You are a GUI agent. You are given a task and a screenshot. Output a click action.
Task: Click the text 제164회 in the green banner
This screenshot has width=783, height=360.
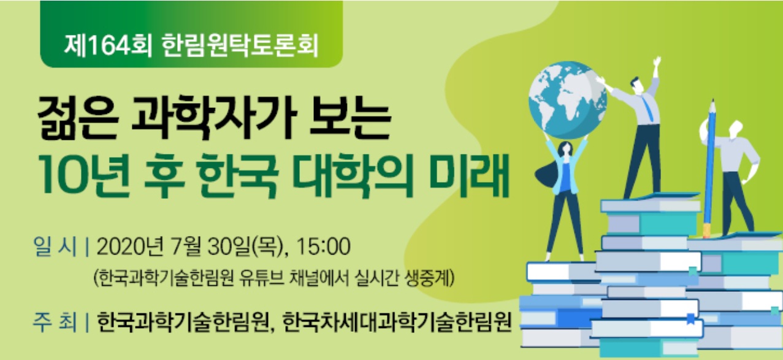(108, 46)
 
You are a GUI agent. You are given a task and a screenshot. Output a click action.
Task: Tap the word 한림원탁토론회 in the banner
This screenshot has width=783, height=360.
(240, 46)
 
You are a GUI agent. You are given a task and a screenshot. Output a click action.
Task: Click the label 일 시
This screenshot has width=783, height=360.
(55, 247)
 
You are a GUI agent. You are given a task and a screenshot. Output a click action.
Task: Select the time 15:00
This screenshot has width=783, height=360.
(323, 247)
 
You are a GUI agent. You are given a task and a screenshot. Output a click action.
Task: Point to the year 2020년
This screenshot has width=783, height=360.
(130, 247)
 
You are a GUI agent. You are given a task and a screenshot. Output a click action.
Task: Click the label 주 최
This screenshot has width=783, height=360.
(55, 321)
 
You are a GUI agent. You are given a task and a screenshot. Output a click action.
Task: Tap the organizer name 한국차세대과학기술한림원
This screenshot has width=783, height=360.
(397, 321)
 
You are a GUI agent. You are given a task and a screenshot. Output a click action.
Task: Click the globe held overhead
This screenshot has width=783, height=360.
(568, 101)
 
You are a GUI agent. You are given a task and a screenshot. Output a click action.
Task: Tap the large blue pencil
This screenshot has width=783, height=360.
(709, 168)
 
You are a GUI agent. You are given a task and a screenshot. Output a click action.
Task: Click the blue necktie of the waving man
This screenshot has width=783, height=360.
(647, 109)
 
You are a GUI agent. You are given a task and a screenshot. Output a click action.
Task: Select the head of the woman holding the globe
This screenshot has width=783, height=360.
(565, 150)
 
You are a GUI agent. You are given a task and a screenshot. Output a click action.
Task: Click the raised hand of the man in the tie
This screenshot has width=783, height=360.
(657, 64)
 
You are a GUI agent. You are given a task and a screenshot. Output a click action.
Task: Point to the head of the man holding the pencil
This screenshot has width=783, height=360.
(735, 130)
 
